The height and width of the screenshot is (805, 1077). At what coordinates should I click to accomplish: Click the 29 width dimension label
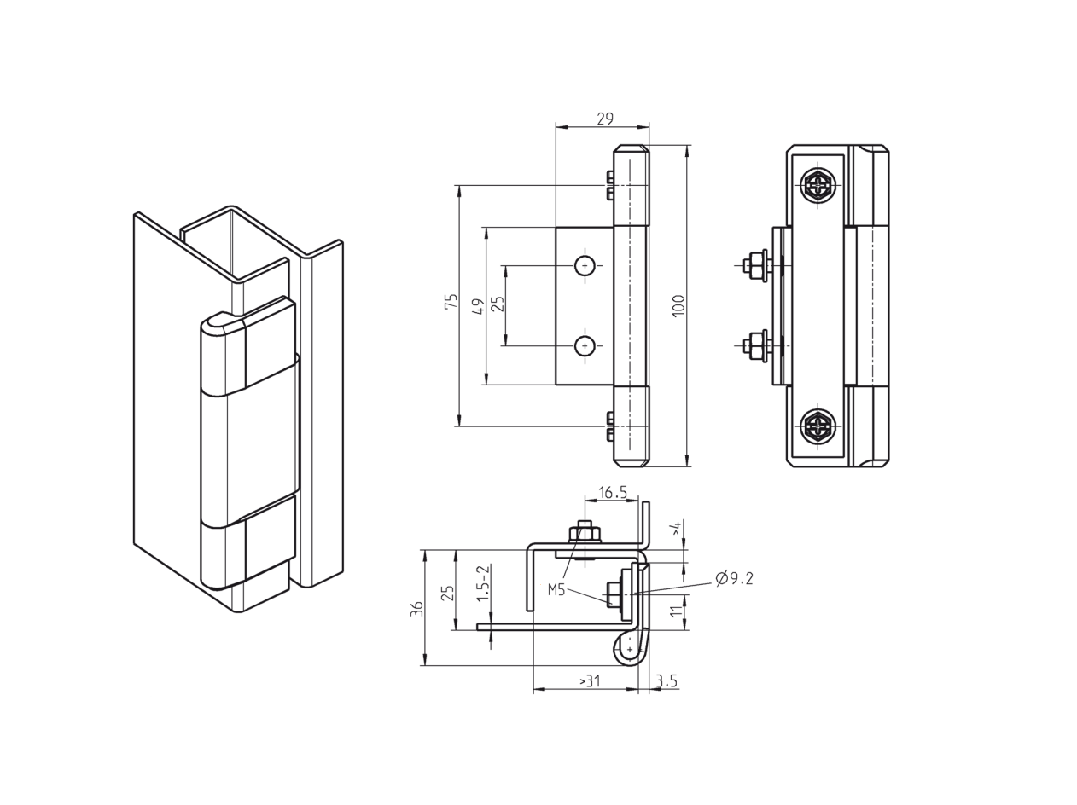tap(604, 119)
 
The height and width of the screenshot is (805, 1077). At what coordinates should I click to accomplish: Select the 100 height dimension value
tap(678, 305)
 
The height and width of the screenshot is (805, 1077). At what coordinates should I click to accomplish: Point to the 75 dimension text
tap(451, 301)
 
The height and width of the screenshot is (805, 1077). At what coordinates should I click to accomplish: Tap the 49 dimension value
tap(479, 305)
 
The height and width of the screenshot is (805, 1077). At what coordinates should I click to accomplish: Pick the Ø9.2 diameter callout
tap(735, 579)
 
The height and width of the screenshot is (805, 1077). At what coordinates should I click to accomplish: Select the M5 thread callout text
tap(556, 588)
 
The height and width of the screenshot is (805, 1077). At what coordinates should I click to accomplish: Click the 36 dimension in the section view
tap(416, 608)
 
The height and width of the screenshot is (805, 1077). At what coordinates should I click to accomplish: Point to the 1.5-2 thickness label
tap(483, 583)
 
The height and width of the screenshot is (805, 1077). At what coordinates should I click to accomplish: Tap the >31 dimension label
tap(590, 681)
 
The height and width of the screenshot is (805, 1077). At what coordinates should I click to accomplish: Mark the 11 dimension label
tap(677, 611)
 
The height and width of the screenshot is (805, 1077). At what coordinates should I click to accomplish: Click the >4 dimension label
tap(677, 529)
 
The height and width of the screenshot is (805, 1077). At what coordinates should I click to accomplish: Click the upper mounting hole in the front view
tap(585, 265)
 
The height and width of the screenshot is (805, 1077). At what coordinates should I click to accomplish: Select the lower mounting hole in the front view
tap(585, 345)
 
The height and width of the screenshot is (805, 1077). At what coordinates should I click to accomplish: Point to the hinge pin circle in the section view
tap(630, 650)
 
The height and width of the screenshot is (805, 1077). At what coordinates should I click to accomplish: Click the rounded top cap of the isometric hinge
tap(222, 321)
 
